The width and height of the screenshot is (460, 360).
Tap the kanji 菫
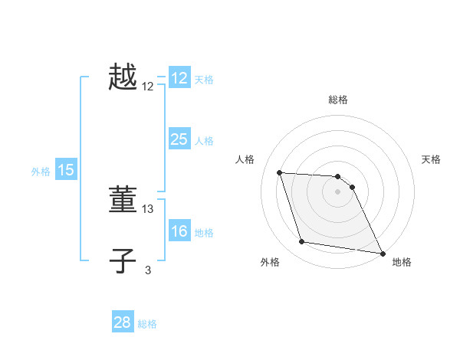click(x=123, y=201)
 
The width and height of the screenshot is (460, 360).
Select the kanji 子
click(x=123, y=261)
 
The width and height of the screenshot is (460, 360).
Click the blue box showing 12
click(x=179, y=78)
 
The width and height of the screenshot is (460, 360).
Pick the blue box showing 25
click(x=179, y=139)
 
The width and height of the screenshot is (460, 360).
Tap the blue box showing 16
click(x=179, y=231)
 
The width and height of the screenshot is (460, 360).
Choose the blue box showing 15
click(x=66, y=171)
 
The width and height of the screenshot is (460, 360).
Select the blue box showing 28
click(x=123, y=322)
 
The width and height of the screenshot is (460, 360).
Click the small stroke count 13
click(x=148, y=208)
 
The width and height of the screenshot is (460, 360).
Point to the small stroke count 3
click(x=148, y=269)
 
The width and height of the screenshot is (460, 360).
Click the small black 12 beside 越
click(x=148, y=87)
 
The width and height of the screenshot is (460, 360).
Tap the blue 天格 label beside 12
click(x=204, y=80)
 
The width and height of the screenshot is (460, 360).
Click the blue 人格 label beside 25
click(x=204, y=141)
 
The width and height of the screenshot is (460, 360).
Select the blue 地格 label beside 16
click(x=204, y=233)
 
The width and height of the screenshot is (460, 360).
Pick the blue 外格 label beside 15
click(x=41, y=172)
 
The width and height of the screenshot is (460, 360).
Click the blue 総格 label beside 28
click(x=147, y=324)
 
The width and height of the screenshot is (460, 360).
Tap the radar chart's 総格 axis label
click(x=338, y=100)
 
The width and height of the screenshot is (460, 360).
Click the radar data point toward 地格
click(x=381, y=253)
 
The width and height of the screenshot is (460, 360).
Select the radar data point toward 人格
click(x=279, y=172)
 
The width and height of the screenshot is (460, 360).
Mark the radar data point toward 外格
click(x=302, y=242)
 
